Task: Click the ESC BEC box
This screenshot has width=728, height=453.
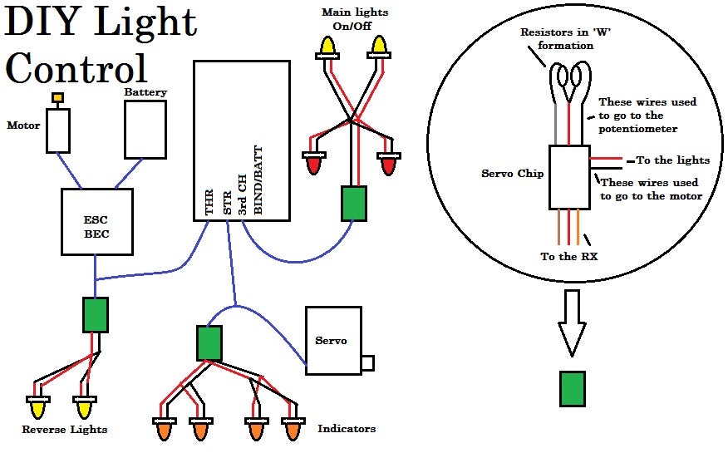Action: coord(97,221)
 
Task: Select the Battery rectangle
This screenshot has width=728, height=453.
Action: coord(145,129)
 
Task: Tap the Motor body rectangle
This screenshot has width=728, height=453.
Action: coord(57,130)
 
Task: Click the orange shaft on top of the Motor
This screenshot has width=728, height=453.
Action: coord(58,98)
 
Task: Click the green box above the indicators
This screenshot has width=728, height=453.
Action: coord(209,342)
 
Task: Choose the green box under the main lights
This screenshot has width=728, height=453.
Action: coord(354,203)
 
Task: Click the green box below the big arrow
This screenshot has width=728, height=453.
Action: coord(572,388)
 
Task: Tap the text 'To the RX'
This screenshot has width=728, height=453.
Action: coord(569,257)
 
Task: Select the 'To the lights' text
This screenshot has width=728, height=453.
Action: coord(673,160)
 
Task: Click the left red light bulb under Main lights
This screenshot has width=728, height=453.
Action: coord(314,164)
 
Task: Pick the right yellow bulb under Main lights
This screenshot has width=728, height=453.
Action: coord(380,47)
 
